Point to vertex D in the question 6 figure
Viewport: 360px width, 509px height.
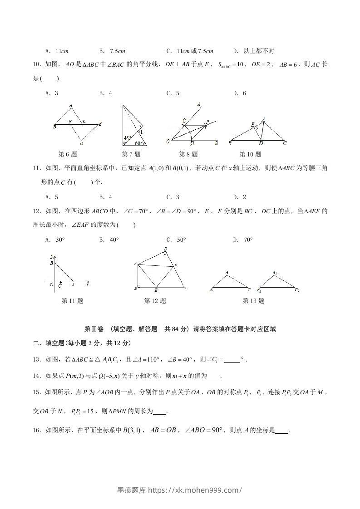(80, 142)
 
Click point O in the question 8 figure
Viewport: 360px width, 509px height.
(168, 142)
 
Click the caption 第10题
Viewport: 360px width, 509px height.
(250, 154)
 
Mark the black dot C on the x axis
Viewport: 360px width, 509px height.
(61, 282)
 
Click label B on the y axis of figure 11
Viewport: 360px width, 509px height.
(52, 263)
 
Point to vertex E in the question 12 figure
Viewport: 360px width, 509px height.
(156, 290)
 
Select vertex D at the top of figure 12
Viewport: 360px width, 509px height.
(165, 249)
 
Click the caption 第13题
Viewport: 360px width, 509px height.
(253, 301)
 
